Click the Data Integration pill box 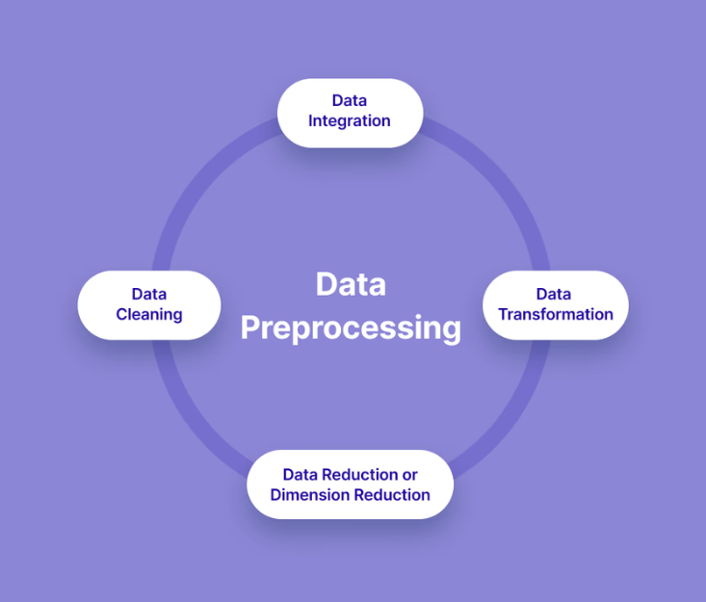pos(350,113)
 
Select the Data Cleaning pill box pos(149,304)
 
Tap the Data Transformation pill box pos(555,304)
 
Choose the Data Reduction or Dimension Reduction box pos(350,484)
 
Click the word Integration pos(350,121)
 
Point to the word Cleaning pos(149,315)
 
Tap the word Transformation pos(556,315)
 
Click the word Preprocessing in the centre pos(351,327)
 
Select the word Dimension pos(309,495)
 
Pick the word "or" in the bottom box pos(409,475)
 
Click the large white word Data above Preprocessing pos(351,284)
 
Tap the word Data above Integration pos(350,100)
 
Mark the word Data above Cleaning pos(149,294)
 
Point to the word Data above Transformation pos(554,294)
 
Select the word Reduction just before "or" pos(358,475)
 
